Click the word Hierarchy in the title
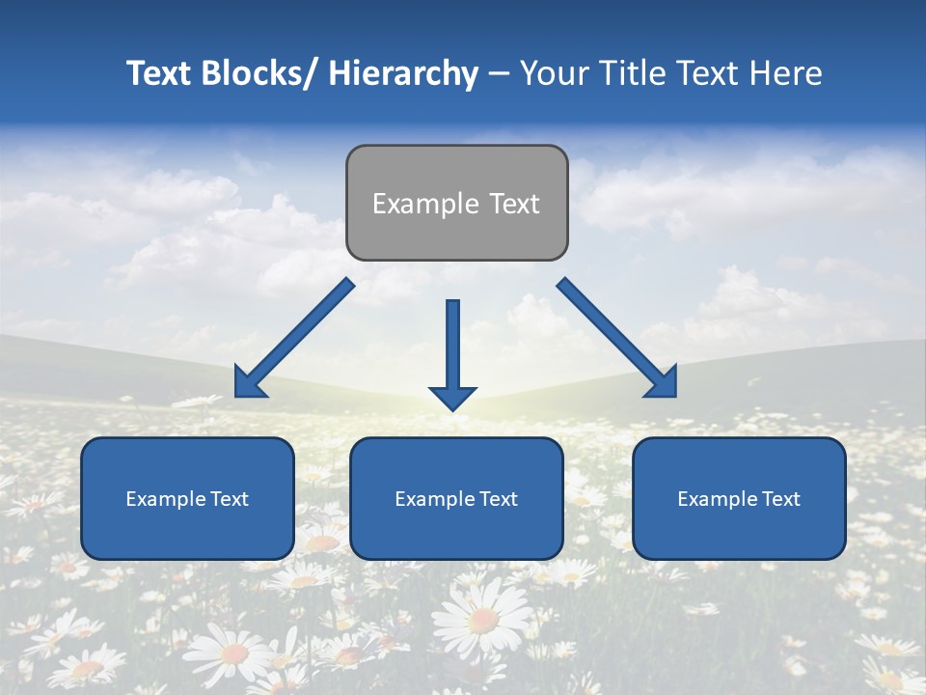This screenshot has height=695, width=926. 403,74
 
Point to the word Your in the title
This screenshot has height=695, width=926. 554,74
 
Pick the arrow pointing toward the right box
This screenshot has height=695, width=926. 617,338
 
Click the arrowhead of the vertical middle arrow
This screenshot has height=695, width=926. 452,397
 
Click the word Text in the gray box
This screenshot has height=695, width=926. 514,204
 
